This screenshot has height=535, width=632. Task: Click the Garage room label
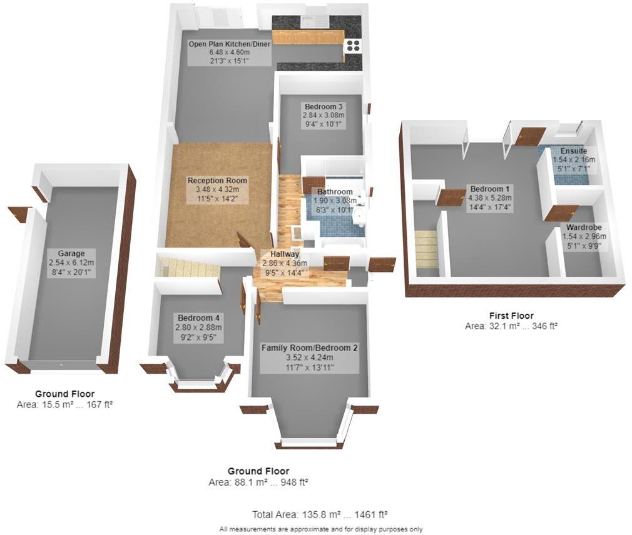click(71, 254)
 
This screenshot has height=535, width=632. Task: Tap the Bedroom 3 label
click(323, 106)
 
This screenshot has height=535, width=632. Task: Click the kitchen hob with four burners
click(353, 46)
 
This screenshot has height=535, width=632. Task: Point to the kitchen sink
click(315, 21)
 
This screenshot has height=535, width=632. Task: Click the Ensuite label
click(573, 151)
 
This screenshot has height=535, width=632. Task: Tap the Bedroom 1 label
click(487, 189)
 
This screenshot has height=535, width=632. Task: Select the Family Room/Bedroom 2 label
click(309, 347)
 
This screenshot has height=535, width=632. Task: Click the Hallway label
click(284, 254)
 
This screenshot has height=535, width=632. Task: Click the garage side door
click(19, 214)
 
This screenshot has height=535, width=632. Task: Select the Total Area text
click(320, 514)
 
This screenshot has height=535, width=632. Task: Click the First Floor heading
click(511, 316)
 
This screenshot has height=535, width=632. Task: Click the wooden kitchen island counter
click(308, 37)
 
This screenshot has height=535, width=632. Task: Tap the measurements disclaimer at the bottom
click(320, 529)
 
